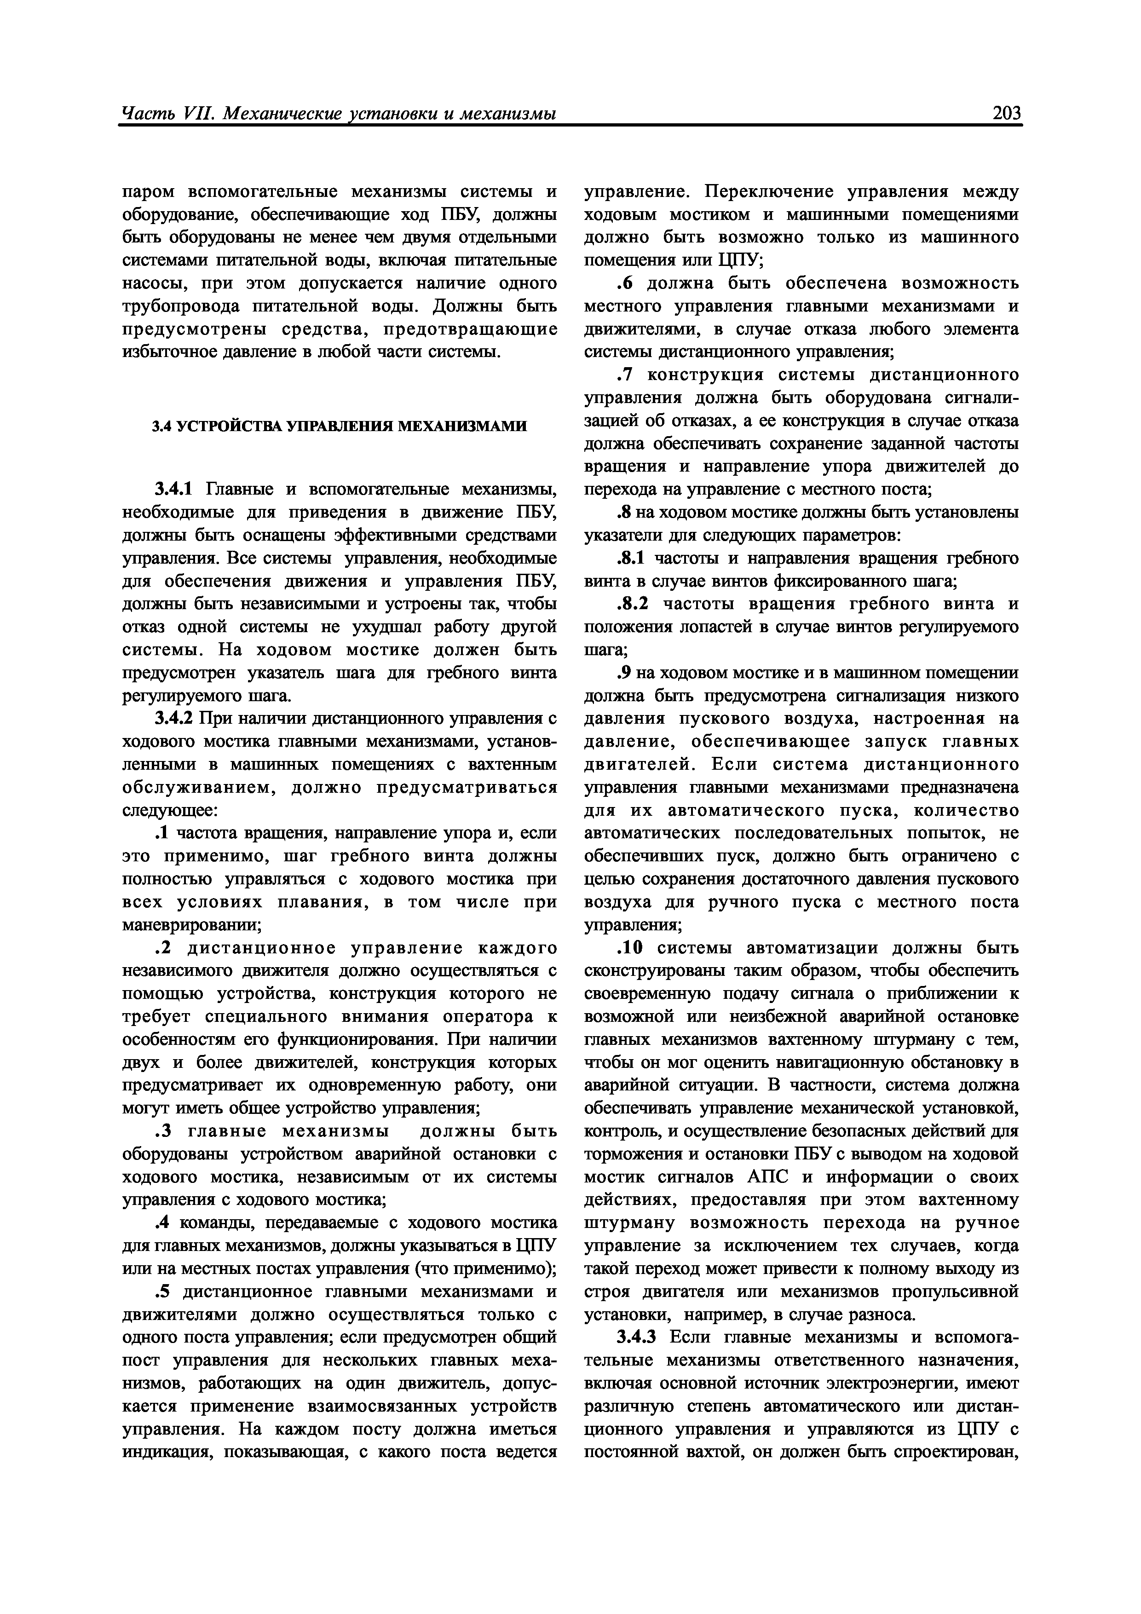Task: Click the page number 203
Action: (1005, 112)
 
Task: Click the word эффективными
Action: (394, 535)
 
